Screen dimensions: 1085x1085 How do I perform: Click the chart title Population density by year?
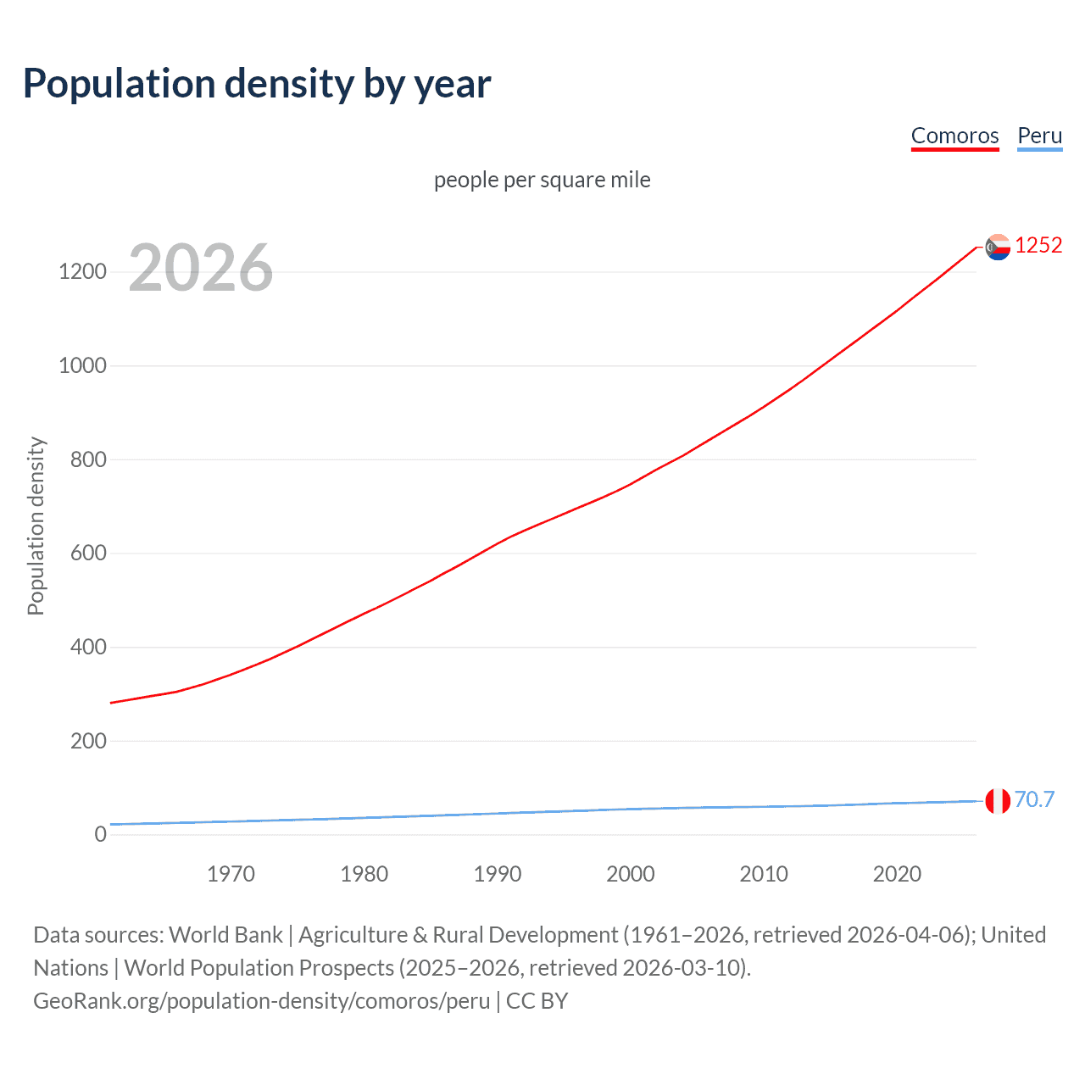point(257,84)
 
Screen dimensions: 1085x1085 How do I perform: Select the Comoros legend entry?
point(954,136)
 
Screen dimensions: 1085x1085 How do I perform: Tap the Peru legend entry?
point(1039,136)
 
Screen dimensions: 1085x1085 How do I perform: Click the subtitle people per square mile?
point(542,180)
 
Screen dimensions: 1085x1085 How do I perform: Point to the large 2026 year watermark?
point(201,268)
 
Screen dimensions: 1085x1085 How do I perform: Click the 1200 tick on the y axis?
point(82,272)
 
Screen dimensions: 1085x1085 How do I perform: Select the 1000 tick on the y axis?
point(82,366)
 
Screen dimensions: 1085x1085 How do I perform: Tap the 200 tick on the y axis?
point(88,741)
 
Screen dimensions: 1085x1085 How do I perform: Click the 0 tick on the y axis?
point(101,835)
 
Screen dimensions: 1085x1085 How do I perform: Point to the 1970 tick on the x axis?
point(231,874)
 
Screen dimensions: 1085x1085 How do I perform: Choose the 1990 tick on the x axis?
point(498,874)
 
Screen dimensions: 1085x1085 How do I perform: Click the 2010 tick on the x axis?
point(764,874)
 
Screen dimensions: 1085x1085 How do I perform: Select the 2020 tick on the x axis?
point(897,874)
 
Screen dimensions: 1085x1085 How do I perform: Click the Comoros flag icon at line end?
point(998,247)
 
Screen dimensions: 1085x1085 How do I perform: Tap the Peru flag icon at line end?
point(998,800)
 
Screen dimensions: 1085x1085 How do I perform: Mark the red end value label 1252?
point(1038,246)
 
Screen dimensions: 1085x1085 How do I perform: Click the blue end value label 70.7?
point(1034,799)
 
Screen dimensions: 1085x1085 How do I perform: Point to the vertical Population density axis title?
point(36,526)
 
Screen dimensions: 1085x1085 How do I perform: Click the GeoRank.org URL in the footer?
point(261,1001)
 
